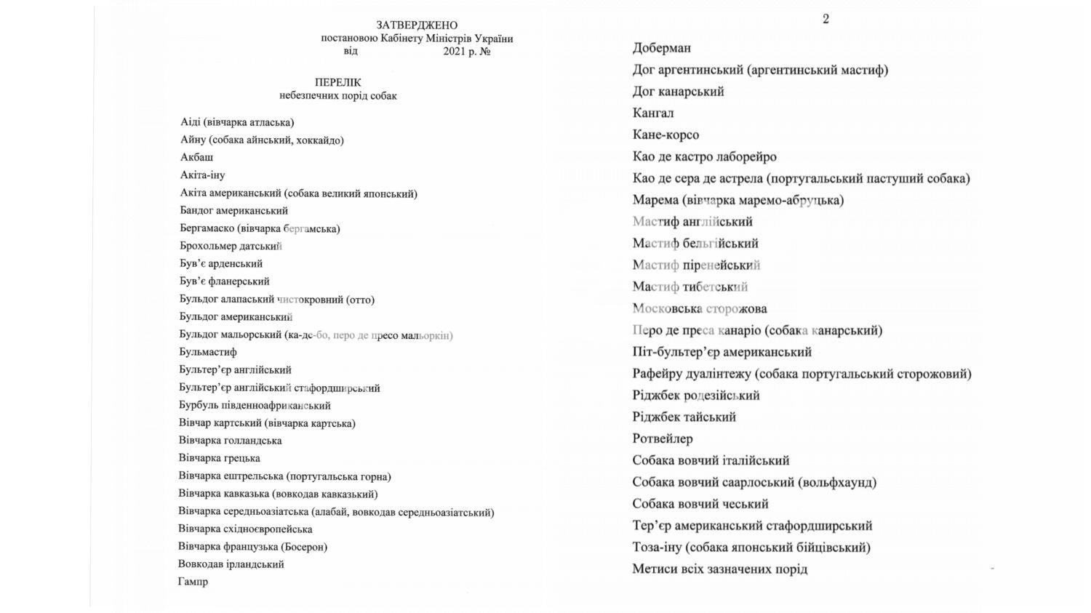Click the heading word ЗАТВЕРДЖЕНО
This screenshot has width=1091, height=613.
click(417, 25)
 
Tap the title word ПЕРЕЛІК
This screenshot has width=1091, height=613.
click(337, 83)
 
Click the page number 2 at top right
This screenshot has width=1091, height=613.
click(826, 20)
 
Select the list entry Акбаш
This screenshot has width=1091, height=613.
click(196, 157)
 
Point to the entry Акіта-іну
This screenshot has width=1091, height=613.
click(202, 175)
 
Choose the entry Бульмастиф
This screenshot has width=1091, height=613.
click(207, 352)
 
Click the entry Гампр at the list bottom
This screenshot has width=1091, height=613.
click(193, 582)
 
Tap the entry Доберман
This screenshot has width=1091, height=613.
click(661, 48)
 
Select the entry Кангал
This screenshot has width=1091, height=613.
click(652, 113)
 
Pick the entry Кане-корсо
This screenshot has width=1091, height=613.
click(666, 135)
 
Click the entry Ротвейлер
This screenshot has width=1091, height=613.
click(662, 438)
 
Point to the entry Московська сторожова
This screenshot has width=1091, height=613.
click(699, 308)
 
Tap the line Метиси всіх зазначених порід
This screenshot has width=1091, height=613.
click(719, 569)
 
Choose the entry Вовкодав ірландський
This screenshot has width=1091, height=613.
click(231, 564)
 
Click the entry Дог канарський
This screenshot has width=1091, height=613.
click(678, 92)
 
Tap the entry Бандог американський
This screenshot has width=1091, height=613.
click(233, 211)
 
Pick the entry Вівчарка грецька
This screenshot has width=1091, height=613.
click(219, 458)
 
